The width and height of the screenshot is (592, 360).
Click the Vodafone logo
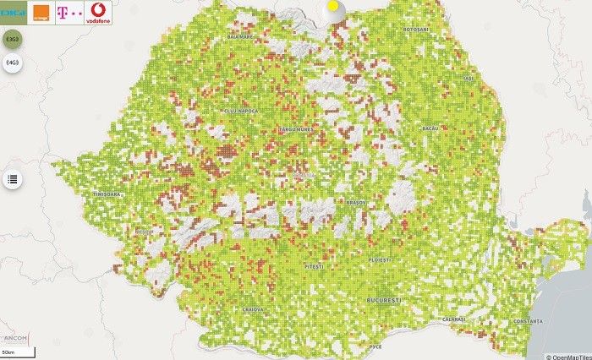click(x=97, y=14)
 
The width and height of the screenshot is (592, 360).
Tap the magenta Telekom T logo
click(x=69, y=14)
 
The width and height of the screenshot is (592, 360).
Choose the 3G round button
click(x=13, y=40)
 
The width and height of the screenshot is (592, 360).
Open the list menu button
click(x=13, y=179)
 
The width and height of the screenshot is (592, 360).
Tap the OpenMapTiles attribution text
click(x=566, y=355)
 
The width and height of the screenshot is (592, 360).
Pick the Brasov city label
click(x=355, y=203)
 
